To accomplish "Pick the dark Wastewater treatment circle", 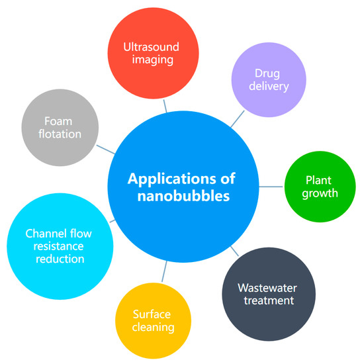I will [x=266, y=294].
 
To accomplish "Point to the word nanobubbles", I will [x=180, y=197].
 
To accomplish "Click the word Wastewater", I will [x=266, y=289].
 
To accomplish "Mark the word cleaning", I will [x=152, y=328].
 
